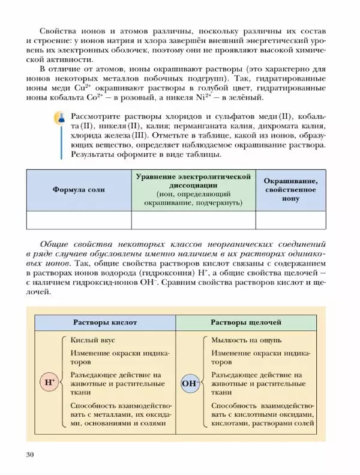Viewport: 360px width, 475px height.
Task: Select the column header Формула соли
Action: pos(79,189)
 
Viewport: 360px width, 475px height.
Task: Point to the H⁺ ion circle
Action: pos(48,383)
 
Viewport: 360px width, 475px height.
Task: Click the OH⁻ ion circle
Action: pos(189,383)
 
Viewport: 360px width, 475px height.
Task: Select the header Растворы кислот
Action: pos(105,322)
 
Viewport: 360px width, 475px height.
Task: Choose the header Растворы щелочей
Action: pos(246,322)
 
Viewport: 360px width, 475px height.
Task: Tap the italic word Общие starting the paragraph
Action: pos(53,244)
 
